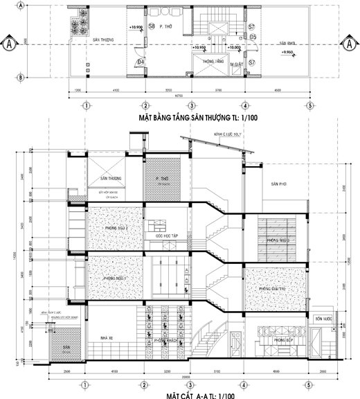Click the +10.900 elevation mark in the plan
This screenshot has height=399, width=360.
[136, 28]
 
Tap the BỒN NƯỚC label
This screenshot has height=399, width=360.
[320, 319]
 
